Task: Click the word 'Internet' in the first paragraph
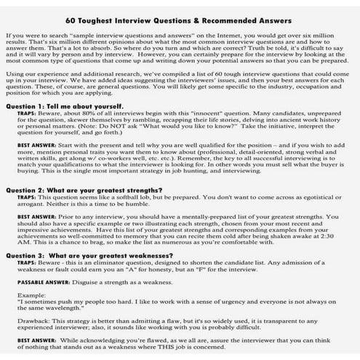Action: coord(249,35)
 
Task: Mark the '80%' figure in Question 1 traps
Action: coord(94,115)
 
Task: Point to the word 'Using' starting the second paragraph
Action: coord(15,74)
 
